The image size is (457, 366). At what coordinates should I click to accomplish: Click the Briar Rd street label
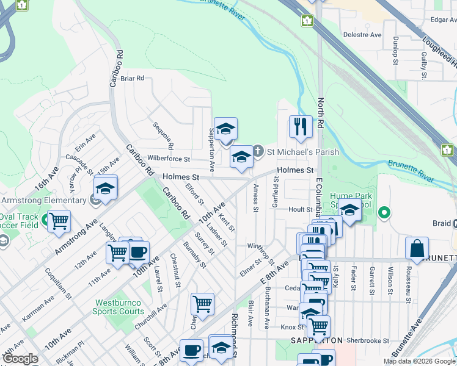[131, 78]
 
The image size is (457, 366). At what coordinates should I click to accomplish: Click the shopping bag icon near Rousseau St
[417, 249]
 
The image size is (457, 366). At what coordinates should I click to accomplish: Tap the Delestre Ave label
[362, 35]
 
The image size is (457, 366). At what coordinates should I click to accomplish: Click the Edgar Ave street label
[444, 20]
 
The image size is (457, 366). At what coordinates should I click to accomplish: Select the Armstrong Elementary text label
[43, 201]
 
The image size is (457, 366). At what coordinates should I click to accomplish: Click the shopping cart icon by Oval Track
[59, 222]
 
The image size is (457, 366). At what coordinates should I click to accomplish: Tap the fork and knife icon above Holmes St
[300, 127]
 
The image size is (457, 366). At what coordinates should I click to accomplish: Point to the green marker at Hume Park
[384, 213]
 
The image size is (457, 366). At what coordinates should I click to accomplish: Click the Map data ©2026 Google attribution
[419, 361]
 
